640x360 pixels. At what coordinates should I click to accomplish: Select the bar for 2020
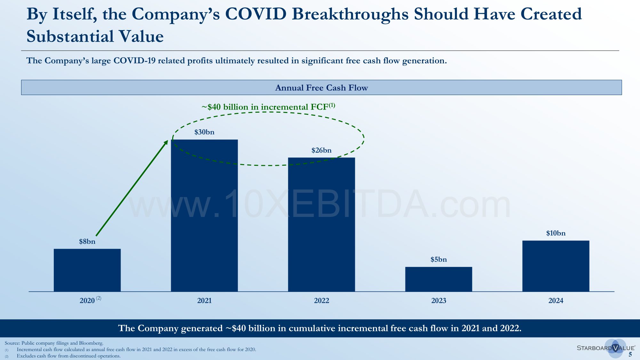click(87, 270)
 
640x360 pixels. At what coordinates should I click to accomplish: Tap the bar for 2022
click(321, 224)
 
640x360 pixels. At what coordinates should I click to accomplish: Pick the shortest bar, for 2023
click(438, 279)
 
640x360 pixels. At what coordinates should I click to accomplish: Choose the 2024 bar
click(556, 266)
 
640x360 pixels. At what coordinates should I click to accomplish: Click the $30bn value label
click(204, 132)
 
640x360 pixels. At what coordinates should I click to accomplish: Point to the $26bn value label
click(321, 150)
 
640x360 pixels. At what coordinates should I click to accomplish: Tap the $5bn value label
click(438, 260)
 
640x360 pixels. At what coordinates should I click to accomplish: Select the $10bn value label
click(556, 233)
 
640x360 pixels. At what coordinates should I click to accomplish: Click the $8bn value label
click(87, 242)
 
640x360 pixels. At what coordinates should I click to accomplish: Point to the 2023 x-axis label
click(438, 300)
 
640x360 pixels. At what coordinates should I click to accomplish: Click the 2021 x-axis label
click(204, 300)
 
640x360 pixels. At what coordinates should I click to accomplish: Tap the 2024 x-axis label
click(556, 300)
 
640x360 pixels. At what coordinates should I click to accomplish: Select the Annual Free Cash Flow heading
click(321, 88)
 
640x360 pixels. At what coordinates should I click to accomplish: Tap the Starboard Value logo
click(605, 348)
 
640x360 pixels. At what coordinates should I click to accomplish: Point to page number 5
click(630, 354)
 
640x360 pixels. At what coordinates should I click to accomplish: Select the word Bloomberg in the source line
click(91, 343)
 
